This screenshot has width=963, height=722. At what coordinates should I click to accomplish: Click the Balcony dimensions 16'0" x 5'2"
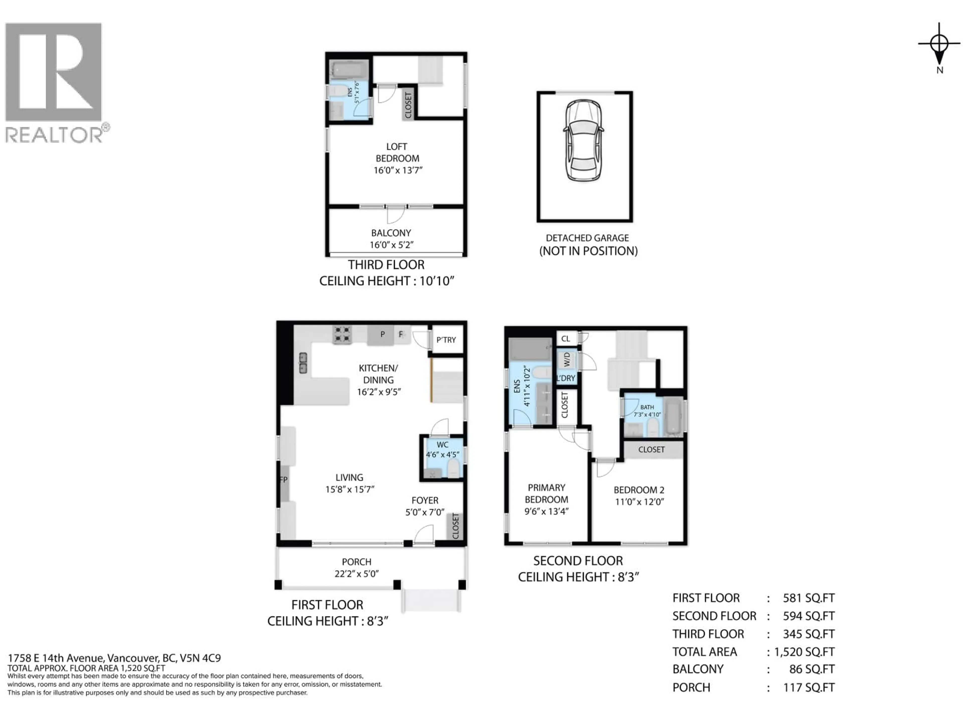point(391,245)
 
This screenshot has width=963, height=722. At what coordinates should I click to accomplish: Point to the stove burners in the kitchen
point(342,335)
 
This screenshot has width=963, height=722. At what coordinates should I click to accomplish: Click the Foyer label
point(425,500)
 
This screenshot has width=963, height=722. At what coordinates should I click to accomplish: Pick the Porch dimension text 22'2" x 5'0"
point(357,574)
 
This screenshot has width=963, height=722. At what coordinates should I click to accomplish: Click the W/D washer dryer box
point(567,359)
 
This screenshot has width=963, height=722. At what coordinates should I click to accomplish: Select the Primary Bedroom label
point(546,494)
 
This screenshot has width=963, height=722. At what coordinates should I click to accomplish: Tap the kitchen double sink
point(303,363)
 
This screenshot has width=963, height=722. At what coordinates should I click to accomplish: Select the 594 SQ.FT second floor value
point(809,616)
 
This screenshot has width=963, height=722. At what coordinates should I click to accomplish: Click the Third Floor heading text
point(386,264)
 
